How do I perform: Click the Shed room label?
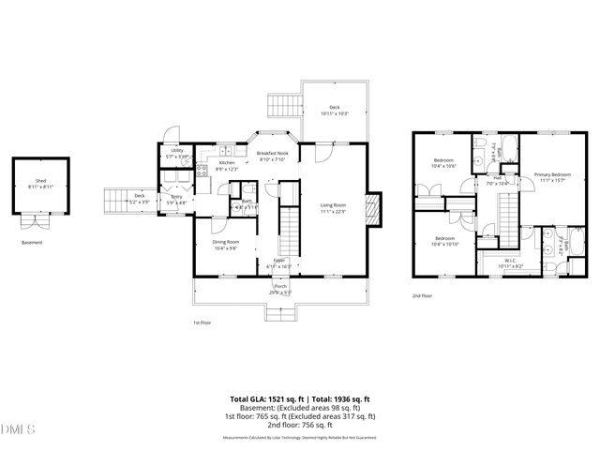[x=40, y=182]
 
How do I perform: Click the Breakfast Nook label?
[x=273, y=153]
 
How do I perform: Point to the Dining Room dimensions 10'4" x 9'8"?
[x=225, y=248]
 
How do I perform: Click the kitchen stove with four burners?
[x=201, y=170]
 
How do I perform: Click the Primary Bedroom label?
[x=552, y=174]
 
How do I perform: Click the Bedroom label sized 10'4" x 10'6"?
[x=444, y=161]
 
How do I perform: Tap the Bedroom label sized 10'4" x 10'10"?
[x=444, y=238]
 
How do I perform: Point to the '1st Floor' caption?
[x=202, y=322]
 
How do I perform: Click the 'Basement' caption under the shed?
[x=32, y=243]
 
